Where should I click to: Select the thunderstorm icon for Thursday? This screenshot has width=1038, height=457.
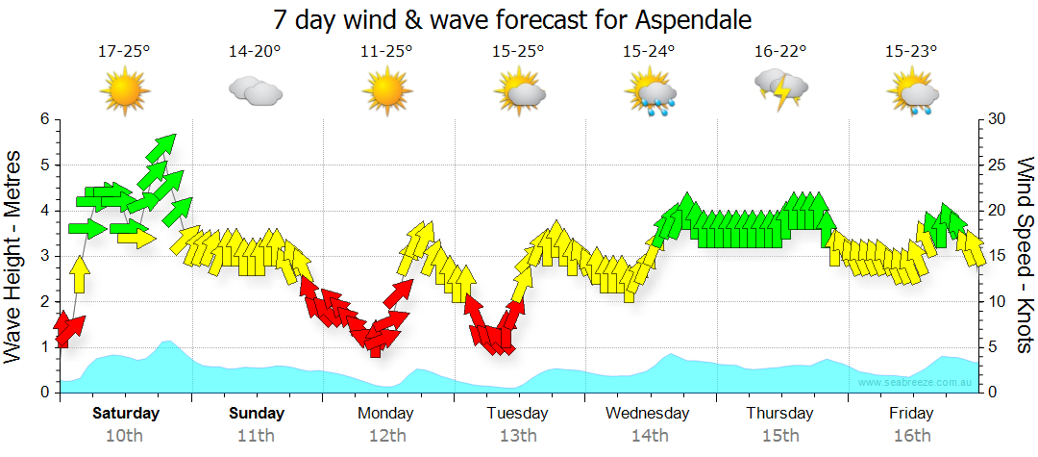click(781, 89)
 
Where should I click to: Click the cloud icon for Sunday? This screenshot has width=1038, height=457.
click(255, 91)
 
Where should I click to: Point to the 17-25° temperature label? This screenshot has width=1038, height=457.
click(124, 52)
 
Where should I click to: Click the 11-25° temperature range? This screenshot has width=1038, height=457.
click(386, 52)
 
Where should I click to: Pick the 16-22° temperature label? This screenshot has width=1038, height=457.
click(780, 52)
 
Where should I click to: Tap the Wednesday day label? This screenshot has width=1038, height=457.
click(648, 414)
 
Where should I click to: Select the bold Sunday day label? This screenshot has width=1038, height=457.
click(257, 414)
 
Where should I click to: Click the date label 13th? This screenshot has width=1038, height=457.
click(518, 436)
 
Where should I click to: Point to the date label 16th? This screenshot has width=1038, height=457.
click(911, 436)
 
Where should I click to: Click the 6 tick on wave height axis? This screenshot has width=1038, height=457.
click(44, 119)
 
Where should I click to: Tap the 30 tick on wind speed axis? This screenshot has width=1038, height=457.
click(999, 119)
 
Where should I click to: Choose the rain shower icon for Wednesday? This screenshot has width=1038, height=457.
click(650, 93)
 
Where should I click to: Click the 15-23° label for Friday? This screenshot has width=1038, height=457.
click(911, 52)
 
